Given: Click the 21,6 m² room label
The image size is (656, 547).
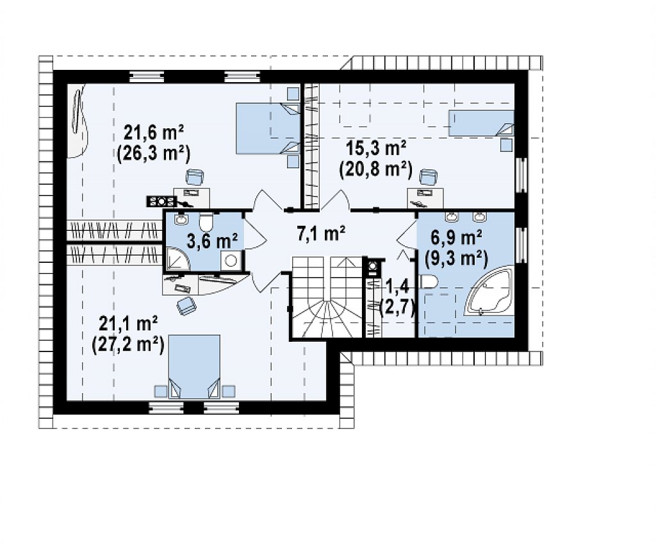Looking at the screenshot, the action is tap(154, 133).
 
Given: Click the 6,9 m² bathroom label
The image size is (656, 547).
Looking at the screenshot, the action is tap(456, 239).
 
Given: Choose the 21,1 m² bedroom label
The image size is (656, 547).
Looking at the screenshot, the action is tap(128, 324).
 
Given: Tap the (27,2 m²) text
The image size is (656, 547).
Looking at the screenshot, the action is tap(127, 346).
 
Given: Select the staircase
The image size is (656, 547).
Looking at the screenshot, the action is tap(326, 297).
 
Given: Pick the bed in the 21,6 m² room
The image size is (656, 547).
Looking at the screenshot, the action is tap(268, 129).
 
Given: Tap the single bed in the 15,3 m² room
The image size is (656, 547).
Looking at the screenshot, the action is tap(481, 123).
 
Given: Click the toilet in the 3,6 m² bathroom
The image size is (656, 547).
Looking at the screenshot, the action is tap(206, 223).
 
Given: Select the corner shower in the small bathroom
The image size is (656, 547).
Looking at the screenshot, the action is tap(178, 258).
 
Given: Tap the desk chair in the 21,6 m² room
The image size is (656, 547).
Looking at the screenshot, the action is tap(195, 177).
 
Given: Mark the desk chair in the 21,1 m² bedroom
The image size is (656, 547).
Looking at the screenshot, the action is tap(186, 306).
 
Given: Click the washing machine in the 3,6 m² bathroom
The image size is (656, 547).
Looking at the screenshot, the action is tap(231, 260).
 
